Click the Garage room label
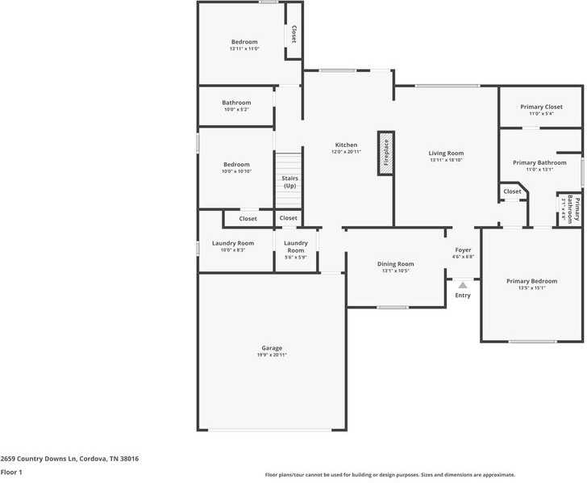click(x=271, y=348)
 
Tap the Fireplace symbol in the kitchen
click(x=385, y=153)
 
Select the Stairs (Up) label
click(x=289, y=183)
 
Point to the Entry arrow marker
click(x=463, y=285)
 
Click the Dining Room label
click(x=396, y=264)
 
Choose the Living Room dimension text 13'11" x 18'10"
click(x=446, y=160)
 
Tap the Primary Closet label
click(x=541, y=107)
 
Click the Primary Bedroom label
click(x=531, y=281)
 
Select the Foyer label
click(x=463, y=250)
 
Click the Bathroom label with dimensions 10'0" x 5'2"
click(x=236, y=103)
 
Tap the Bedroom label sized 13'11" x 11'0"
click(x=244, y=42)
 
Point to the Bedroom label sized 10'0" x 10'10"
click(x=236, y=165)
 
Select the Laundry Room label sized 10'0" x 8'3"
click(x=233, y=243)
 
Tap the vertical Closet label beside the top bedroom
click(x=293, y=33)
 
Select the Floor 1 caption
click(x=11, y=472)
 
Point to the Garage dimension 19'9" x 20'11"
click(x=271, y=355)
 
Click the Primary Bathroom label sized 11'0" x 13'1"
click(x=539, y=162)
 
